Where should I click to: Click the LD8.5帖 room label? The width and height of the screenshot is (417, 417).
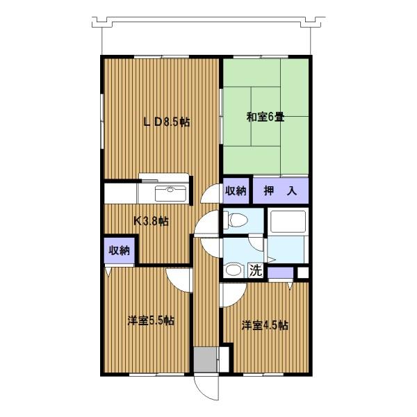pos(166,122)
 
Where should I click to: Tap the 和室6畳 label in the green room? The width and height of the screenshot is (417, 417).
pos(265,117)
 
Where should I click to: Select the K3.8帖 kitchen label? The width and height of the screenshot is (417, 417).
pos(151,222)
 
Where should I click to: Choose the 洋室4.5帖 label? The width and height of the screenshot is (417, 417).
pos(265,325)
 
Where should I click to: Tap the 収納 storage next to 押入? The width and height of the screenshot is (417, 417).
pos(236,191)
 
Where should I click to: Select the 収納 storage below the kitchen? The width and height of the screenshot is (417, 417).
pos(119,250)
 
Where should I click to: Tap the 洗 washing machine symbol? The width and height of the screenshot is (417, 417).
pos(256,271)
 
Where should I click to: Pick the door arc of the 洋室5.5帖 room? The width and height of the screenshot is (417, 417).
pos(179,279)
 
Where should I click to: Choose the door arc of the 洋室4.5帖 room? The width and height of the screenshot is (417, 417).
pos(230,295)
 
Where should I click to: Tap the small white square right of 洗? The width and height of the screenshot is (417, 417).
pos(302,272)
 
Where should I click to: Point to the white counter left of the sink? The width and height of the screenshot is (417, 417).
pos(120,193)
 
